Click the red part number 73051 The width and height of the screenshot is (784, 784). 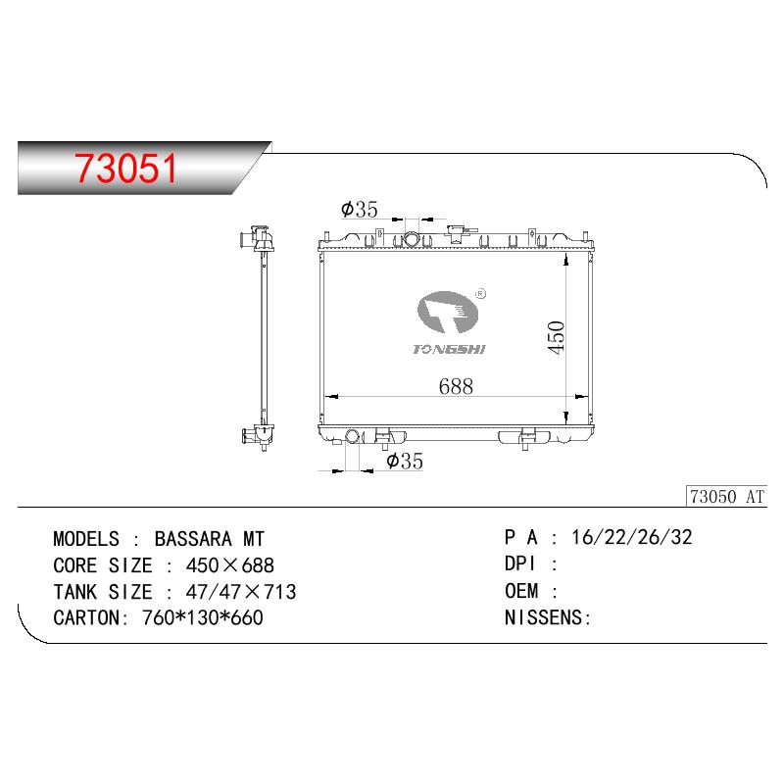pos(126,168)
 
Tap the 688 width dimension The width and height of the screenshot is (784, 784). pos(456,386)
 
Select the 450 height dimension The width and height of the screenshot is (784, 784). pos(556,338)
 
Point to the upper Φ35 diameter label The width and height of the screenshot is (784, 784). pos(360,210)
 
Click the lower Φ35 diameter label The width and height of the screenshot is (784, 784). pos(405,461)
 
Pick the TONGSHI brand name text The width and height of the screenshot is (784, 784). pos(449,350)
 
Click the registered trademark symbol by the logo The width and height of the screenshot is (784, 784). pos(480,294)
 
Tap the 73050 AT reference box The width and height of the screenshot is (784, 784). pos(726,497)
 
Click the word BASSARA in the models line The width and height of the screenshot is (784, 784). pos(193,539)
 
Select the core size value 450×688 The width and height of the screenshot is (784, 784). pos(230,565)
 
